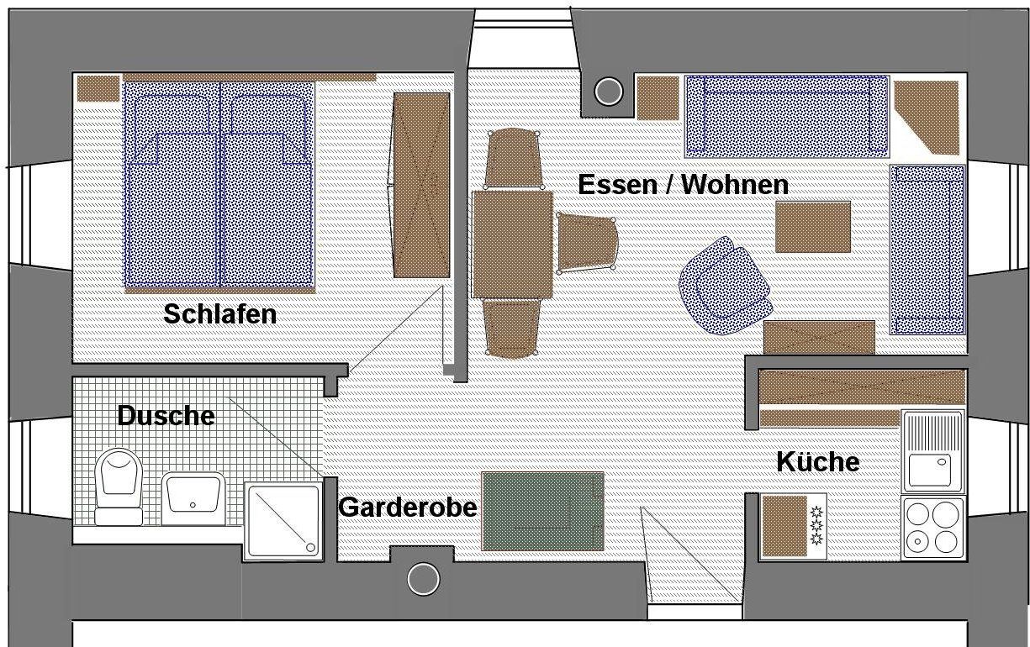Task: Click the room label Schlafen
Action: click(219, 315)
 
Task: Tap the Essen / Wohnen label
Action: click(684, 185)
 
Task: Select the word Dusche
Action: click(166, 416)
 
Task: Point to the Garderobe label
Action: click(408, 508)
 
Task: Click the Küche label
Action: click(818, 461)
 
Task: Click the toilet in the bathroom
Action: click(119, 487)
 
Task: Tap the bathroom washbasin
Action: click(193, 498)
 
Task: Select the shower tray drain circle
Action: click(310, 547)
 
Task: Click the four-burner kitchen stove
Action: click(933, 528)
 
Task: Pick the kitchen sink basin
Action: click(930, 470)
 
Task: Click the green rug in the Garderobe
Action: click(542, 511)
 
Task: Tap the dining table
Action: click(513, 245)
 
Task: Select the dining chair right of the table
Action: click(587, 243)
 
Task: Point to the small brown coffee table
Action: click(813, 227)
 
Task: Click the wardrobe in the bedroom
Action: click(421, 186)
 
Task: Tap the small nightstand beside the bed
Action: click(98, 89)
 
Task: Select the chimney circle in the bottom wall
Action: click(424, 579)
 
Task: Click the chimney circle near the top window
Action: click(609, 92)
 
